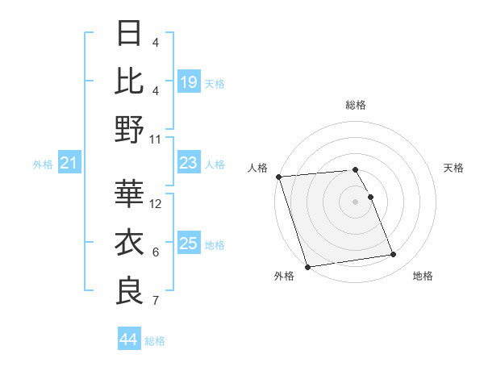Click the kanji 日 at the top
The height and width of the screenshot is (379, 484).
tap(129, 34)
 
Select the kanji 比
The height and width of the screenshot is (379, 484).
tap(129, 81)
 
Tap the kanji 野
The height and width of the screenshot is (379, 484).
tap(129, 128)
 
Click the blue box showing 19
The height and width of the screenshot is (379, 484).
tap(189, 81)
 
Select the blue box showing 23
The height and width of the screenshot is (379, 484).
tap(189, 164)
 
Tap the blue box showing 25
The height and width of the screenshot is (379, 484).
tap(189, 244)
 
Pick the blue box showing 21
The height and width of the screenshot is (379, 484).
tap(69, 164)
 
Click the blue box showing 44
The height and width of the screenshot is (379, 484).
tap(128, 339)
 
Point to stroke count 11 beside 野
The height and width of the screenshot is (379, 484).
tap(156, 139)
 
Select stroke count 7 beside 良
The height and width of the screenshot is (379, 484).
tap(156, 302)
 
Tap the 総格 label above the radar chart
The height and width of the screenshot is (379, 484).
tap(356, 105)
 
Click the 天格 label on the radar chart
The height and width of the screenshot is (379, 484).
tap(454, 168)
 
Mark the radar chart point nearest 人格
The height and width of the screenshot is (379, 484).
tap(278, 177)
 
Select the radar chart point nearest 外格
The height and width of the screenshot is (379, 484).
tap(307, 267)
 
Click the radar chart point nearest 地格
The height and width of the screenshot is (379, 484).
tap(394, 255)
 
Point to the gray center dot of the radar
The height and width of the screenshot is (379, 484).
tap(356, 202)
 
